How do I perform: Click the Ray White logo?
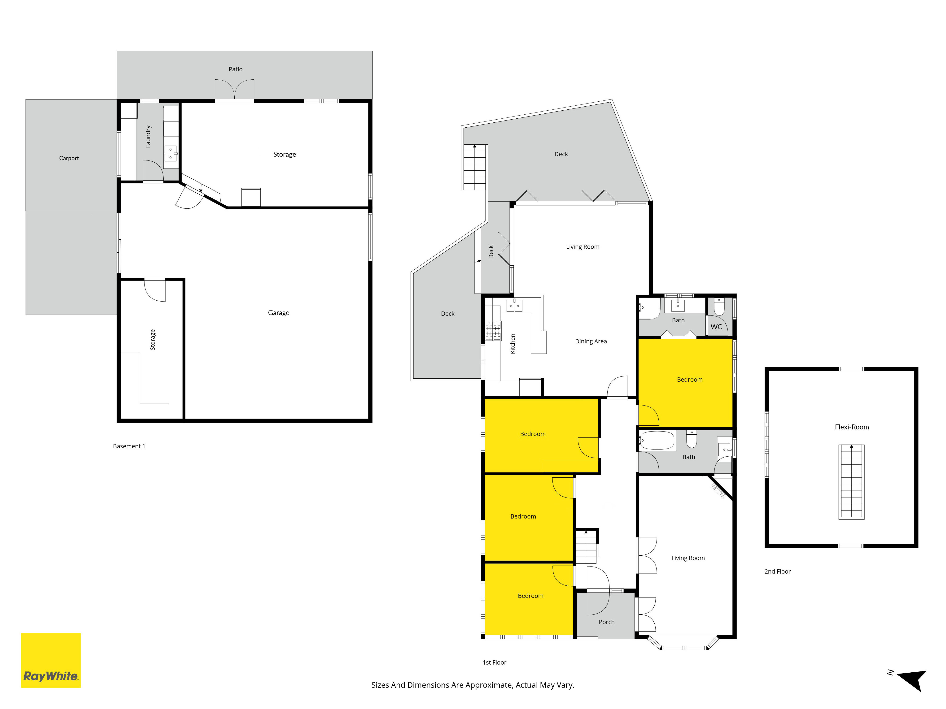pyautogui.click(x=51, y=660)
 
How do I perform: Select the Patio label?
pyautogui.click(x=236, y=69)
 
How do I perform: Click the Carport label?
pyautogui.click(x=69, y=158)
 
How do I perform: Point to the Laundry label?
pyautogui.click(x=148, y=136)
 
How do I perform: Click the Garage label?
pyautogui.click(x=278, y=313)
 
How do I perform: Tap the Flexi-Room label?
pyautogui.click(x=852, y=427)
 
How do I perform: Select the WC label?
pyautogui.click(x=716, y=327)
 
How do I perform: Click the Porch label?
pyautogui.click(x=606, y=622)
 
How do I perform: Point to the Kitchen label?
pyautogui.click(x=513, y=344)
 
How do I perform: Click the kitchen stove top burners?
pyautogui.click(x=493, y=331)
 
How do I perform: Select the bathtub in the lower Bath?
pyautogui.click(x=657, y=440)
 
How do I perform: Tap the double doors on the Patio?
pyautogui.click(x=234, y=90)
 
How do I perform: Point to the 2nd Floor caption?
pyautogui.click(x=778, y=571)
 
